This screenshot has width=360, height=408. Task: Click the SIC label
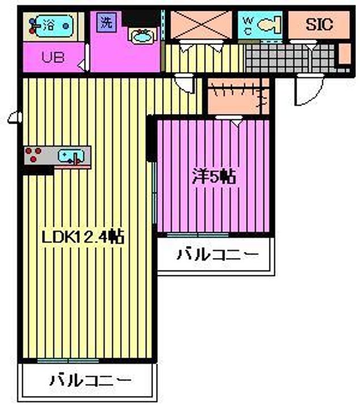[x=319, y=24]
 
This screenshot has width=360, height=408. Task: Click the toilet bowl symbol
[x=269, y=24]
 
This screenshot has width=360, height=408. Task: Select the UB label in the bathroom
[x=53, y=57]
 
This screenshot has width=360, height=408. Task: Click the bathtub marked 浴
[x=53, y=26]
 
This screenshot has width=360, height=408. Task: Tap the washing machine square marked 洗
[x=106, y=23]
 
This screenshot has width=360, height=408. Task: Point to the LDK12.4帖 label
[x=83, y=237]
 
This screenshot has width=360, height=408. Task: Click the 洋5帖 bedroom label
[x=214, y=177]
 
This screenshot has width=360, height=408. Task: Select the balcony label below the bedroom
[x=218, y=254]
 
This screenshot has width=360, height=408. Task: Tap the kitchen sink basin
[x=71, y=156]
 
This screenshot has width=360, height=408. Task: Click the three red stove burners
[x=33, y=154]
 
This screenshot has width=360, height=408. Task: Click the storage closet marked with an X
[x=201, y=25]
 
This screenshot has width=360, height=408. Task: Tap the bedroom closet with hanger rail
[x=238, y=96]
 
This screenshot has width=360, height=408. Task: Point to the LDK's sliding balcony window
[x=68, y=360]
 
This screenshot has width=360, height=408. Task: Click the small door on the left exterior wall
[x=15, y=117]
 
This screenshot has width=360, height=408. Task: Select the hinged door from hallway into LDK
[x=185, y=83]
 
